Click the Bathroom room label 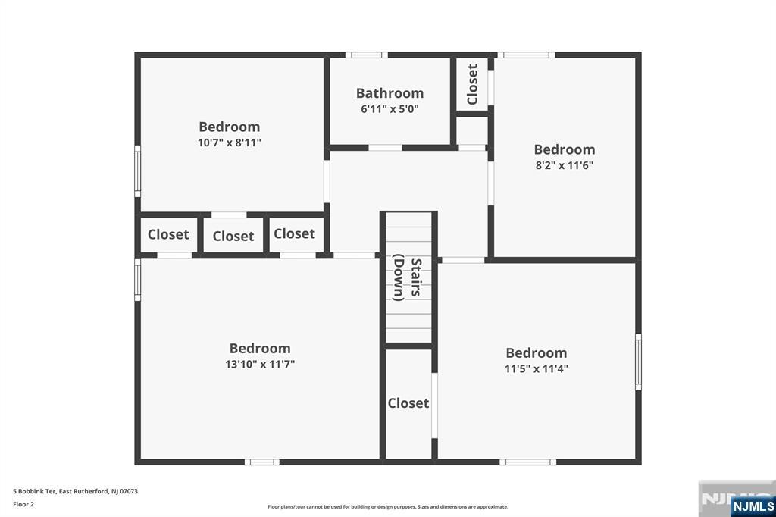click(x=390, y=93)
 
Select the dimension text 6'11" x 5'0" click(x=390, y=109)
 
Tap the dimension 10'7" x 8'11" click(x=229, y=143)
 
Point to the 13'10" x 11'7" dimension click(x=260, y=365)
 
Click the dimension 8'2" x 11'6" click(x=564, y=165)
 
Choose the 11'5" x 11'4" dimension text click(x=537, y=369)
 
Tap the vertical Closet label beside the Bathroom click(x=472, y=84)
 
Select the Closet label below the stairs click(x=408, y=403)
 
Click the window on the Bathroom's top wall click(x=366, y=55)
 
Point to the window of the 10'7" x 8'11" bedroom click(x=138, y=171)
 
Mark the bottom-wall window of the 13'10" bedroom click(x=261, y=462)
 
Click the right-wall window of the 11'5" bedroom click(x=638, y=362)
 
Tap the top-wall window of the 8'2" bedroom click(x=526, y=55)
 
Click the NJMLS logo click(x=753, y=506)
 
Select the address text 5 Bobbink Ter click(x=34, y=492)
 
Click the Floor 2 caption click(x=23, y=505)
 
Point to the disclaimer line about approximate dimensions click(x=388, y=507)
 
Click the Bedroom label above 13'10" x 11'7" click(x=260, y=349)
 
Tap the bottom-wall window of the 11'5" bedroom click(x=527, y=462)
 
